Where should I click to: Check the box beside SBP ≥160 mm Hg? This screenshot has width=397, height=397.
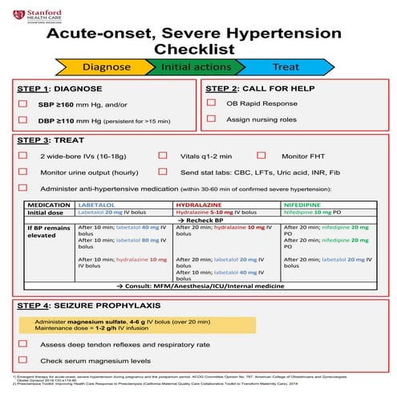click(x=23, y=104)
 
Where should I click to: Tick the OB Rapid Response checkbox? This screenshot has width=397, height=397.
click(x=211, y=103)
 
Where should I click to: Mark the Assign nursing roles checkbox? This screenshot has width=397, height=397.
click(x=211, y=119)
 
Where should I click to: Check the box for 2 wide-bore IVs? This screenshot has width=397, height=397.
click(x=23, y=155)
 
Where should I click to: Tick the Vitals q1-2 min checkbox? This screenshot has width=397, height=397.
click(x=163, y=155)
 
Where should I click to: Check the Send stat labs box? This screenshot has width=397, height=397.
click(x=163, y=172)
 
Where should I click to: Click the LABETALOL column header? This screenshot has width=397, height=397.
click(x=100, y=205)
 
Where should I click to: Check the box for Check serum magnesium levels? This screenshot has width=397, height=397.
click(x=23, y=360)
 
